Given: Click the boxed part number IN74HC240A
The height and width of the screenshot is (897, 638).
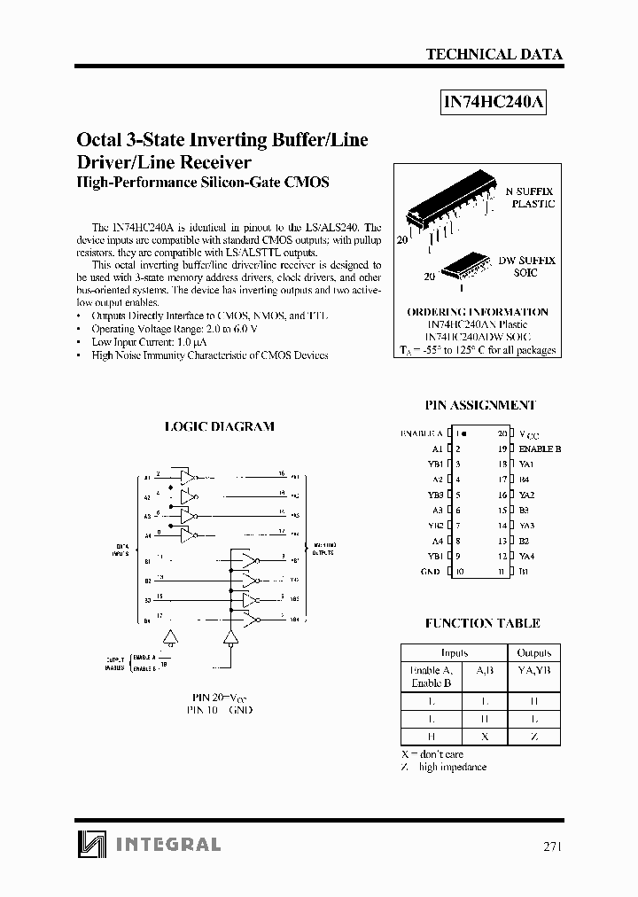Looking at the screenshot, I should pyautogui.click(x=494, y=102).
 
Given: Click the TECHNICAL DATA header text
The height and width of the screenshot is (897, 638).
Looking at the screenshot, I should pyautogui.click(x=494, y=54).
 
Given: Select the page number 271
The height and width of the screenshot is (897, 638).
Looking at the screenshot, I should pyautogui.click(x=551, y=846).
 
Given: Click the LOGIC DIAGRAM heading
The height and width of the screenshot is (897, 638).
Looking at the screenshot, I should pyautogui.click(x=220, y=426).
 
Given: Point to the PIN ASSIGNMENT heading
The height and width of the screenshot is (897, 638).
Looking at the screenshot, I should pyautogui.click(x=480, y=404).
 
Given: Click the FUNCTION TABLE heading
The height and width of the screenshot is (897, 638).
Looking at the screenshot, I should pyautogui.click(x=482, y=623).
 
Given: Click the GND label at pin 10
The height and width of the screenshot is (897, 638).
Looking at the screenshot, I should pyautogui.click(x=430, y=572).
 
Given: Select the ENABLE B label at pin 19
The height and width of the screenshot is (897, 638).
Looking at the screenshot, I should pyautogui.click(x=540, y=449).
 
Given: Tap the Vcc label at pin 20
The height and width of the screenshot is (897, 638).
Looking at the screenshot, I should pyautogui.click(x=528, y=434).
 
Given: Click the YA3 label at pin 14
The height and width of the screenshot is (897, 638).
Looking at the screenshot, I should pyautogui.click(x=526, y=526).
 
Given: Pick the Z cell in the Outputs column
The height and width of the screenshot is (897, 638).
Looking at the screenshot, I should pyautogui.click(x=533, y=736).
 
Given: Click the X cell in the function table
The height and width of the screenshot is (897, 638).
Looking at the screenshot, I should pyautogui.click(x=483, y=736).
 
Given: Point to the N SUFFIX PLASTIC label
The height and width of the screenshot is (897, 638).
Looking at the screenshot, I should pyautogui.click(x=530, y=197).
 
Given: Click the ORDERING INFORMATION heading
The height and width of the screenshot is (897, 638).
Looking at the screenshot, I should pyautogui.click(x=477, y=312).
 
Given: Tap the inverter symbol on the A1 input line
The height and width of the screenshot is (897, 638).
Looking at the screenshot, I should pyautogui.click(x=188, y=477).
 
